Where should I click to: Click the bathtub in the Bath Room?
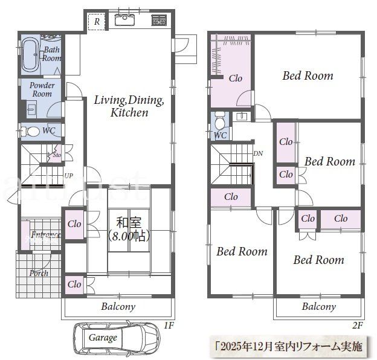point(30,55)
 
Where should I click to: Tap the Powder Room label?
point(42,89)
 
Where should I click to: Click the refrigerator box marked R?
point(95,22)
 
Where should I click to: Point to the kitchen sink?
point(124,22)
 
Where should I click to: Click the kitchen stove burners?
point(159,21)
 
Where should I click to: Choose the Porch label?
point(39,273)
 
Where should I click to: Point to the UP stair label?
point(69,176)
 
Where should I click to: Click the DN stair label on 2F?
point(258,153)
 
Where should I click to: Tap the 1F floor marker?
point(169,326)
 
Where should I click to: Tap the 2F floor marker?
point(358,326)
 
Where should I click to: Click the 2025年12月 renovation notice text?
point(289,347)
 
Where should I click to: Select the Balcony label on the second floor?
point(318,306)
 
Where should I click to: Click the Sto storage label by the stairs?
point(57,155)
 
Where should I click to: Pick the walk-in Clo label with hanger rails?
point(235,78)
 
